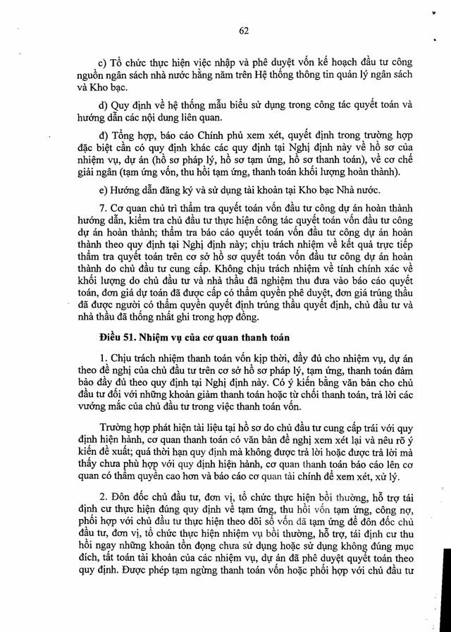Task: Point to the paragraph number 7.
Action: (103, 209)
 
